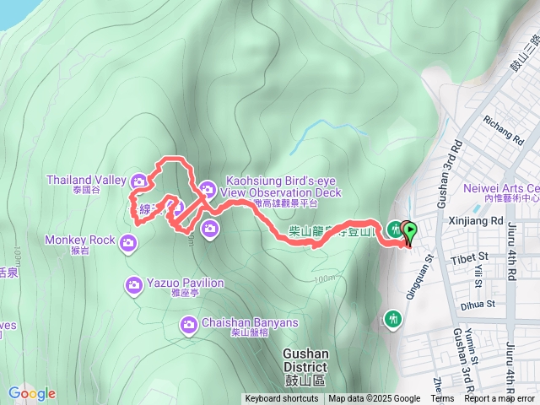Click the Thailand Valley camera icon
click(x=140, y=179)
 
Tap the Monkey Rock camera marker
click(x=128, y=243)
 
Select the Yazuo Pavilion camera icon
click(x=133, y=285)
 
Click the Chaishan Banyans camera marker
click(x=189, y=324)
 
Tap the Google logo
click(x=31, y=393)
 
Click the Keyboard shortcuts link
click(x=283, y=399)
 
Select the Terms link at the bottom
click(x=442, y=399)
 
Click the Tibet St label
click(x=470, y=256)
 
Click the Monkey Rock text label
click(x=80, y=240)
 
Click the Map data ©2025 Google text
click(x=374, y=399)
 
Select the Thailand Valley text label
click(x=85, y=179)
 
